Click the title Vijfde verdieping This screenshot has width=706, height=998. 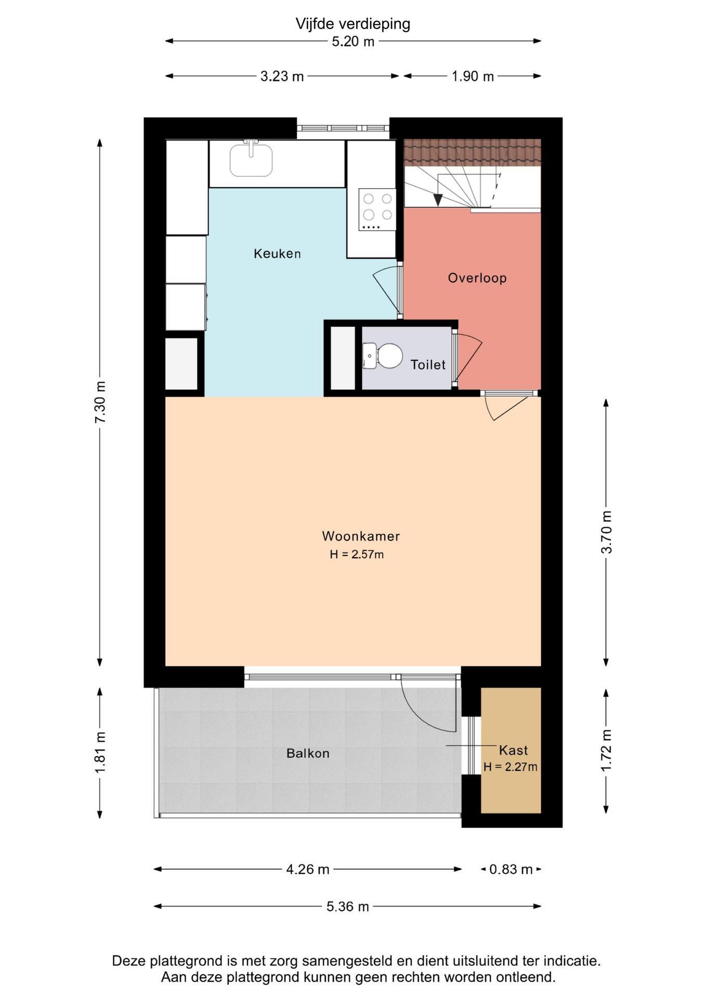click(353, 24)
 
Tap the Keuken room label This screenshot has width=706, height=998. click(277, 254)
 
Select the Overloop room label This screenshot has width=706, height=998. click(477, 278)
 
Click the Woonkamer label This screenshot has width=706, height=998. click(361, 536)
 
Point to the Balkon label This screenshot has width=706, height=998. click(308, 753)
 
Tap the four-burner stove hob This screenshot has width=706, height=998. click(377, 209)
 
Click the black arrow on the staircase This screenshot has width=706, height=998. click(438, 200)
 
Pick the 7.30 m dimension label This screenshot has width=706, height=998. click(100, 402)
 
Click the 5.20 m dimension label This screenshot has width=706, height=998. click(353, 42)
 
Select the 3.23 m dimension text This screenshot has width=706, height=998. click(282, 76)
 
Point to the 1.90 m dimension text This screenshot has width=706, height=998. click(473, 76)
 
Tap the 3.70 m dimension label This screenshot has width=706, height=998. click(607, 532)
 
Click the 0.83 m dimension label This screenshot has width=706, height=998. click(511, 869)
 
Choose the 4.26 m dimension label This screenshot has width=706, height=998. click(308, 869)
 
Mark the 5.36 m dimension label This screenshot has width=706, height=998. click(348, 907)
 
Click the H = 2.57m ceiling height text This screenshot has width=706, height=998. click(357, 555)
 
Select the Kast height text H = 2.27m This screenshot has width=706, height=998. click(511, 767)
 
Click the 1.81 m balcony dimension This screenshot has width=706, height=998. click(100, 752)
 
